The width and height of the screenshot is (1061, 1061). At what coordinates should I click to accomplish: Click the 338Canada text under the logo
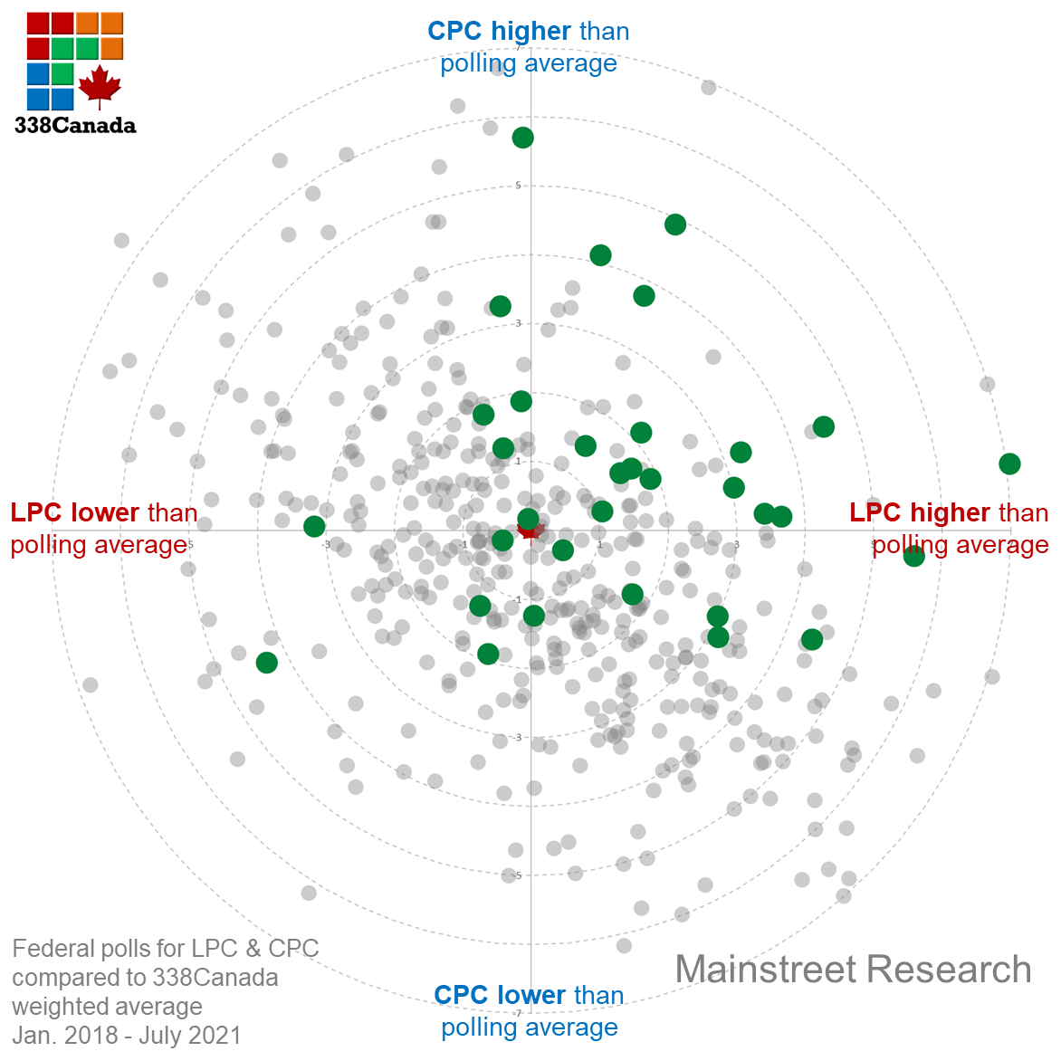tap(75, 126)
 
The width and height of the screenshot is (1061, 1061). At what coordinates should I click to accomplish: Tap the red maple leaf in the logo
tap(100, 86)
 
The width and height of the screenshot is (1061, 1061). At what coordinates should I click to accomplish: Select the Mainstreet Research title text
tap(853, 970)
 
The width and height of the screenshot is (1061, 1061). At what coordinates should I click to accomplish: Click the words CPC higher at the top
tap(499, 31)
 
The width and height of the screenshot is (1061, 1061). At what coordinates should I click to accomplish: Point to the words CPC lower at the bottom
tap(499, 995)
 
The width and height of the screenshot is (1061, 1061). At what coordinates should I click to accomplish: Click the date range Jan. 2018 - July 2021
tap(127, 1036)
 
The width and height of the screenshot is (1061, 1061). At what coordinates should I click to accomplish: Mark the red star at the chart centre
tap(530, 529)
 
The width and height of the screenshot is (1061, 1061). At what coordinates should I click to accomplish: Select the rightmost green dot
tap(1009, 464)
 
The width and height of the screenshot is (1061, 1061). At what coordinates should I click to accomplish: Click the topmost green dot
tap(522, 138)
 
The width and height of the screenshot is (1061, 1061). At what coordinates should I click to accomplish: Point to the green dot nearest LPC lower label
tap(314, 526)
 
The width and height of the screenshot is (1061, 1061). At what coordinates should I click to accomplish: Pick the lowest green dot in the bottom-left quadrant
tap(266, 663)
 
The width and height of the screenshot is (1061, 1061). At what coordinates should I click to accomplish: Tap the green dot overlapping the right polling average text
tap(914, 556)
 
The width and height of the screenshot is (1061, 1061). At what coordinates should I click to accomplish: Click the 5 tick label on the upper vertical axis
tap(518, 186)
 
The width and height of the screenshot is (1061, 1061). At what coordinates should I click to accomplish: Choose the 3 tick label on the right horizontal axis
tap(736, 544)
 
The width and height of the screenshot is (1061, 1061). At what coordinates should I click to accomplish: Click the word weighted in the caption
tap(64, 1007)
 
